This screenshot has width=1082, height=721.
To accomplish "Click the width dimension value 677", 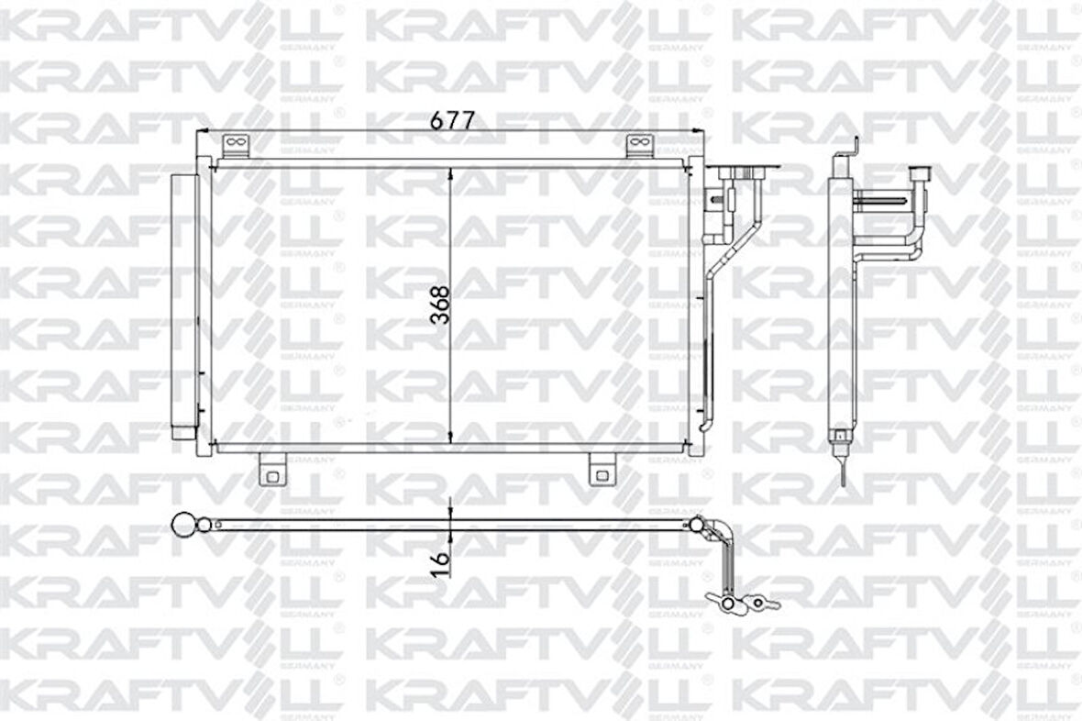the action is click(x=452, y=122).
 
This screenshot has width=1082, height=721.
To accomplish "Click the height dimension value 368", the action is click(x=439, y=305).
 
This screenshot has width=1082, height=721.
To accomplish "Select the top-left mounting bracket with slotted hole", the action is click(x=234, y=146).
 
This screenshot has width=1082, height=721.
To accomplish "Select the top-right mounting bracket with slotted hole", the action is click(x=638, y=146).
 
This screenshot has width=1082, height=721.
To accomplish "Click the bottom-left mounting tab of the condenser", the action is click(x=272, y=470).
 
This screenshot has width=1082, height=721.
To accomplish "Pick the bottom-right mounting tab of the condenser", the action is click(x=602, y=470).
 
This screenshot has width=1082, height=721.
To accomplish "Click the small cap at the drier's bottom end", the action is click(x=182, y=432).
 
